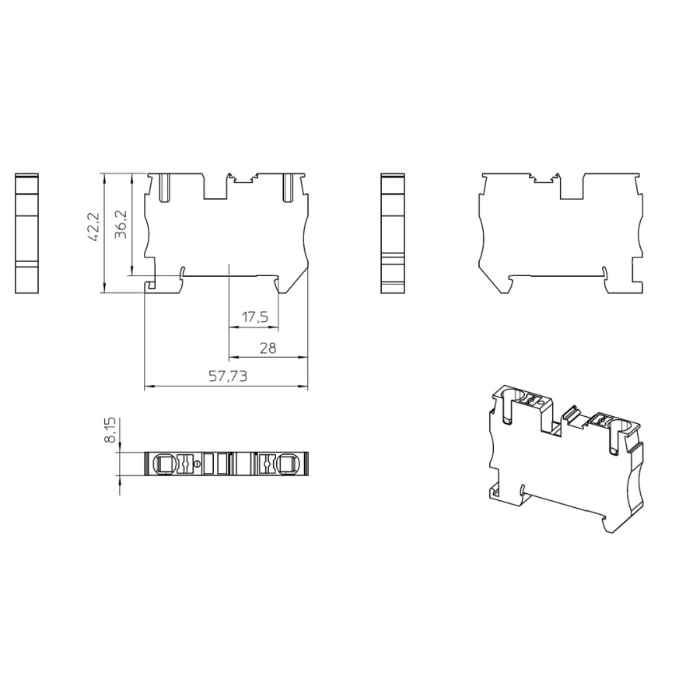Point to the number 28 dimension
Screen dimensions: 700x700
coord(268,348)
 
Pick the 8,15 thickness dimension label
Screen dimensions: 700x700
coord(110,429)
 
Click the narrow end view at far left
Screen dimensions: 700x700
coord(26,233)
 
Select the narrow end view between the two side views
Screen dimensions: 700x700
coord(394,233)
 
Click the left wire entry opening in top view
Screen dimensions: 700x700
coord(164,464)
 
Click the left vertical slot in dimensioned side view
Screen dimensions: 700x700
coord(165,187)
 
